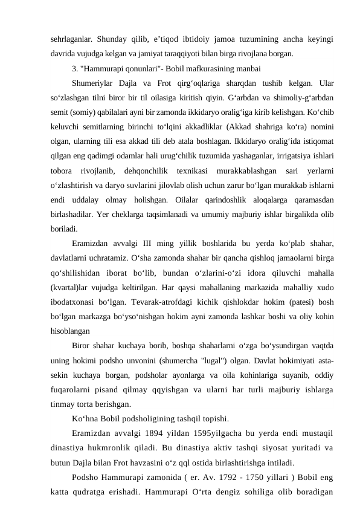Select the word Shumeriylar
(x=95, y=82)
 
